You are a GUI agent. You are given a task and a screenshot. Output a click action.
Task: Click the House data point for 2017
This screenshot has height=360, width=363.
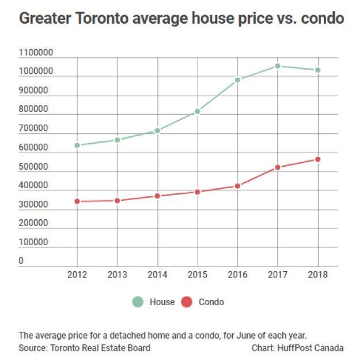tap(278, 66)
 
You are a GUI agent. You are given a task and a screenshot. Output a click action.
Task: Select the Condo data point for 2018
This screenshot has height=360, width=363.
tap(317, 159)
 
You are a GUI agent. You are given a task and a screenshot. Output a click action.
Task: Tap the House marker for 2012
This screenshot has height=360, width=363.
tap(77, 145)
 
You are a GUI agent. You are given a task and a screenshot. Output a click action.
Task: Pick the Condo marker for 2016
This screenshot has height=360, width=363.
tap(237, 186)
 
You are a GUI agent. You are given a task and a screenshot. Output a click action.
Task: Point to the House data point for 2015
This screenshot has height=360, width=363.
tap(198, 111)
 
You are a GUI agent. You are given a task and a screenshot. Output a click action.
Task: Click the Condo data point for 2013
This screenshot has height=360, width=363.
tap(118, 200)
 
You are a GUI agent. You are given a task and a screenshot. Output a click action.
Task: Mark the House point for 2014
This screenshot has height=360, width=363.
tap(157, 130)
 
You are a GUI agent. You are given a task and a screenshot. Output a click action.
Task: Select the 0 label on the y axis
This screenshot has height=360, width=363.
tap(21, 261)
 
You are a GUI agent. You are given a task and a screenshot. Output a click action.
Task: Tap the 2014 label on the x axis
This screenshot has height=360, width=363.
tap(157, 275)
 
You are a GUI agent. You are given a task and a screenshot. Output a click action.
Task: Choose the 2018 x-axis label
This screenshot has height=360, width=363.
tap(317, 275)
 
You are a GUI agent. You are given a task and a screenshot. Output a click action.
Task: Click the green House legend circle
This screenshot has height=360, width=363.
tap(138, 302)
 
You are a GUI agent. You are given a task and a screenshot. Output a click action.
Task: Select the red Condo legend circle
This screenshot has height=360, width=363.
tap(187, 302)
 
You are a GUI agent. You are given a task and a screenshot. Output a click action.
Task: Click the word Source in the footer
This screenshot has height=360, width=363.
tap(32, 348)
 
